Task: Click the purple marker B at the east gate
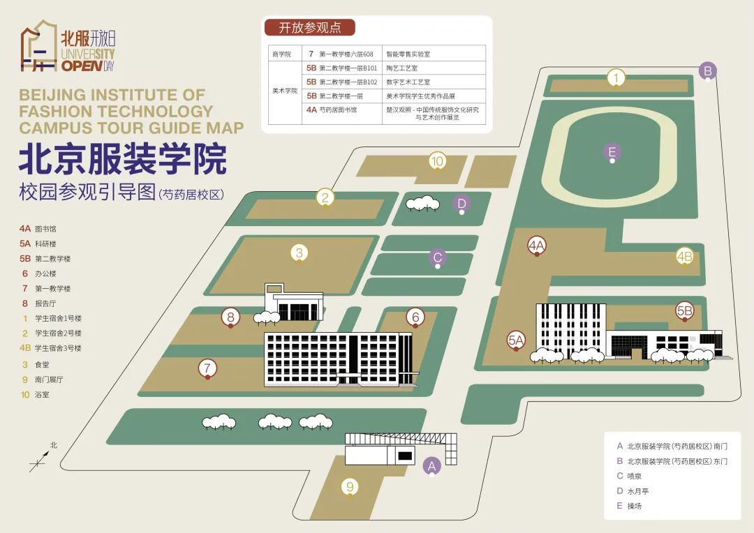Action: click(707, 71)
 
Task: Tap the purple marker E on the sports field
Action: click(612, 152)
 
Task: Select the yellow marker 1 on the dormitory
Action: click(616, 78)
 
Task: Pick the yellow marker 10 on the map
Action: click(438, 161)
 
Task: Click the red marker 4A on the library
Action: click(537, 246)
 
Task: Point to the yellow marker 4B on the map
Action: click(685, 255)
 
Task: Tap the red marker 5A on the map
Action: click(516, 340)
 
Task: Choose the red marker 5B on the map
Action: click(685, 311)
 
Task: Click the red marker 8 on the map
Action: click(231, 317)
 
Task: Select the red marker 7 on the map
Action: click(207, 368)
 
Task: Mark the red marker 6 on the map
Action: click(415, 317)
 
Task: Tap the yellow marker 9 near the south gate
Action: click(350, 487)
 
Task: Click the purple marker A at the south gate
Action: click(432, 466)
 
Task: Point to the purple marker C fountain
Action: click(438, 257)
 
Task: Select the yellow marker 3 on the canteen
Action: click(300, 253)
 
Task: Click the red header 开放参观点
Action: click(310, 27)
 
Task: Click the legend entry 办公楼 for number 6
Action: click(45, 273)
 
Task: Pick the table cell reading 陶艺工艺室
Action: click(402, 68)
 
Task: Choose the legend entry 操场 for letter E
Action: click(634, 506)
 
